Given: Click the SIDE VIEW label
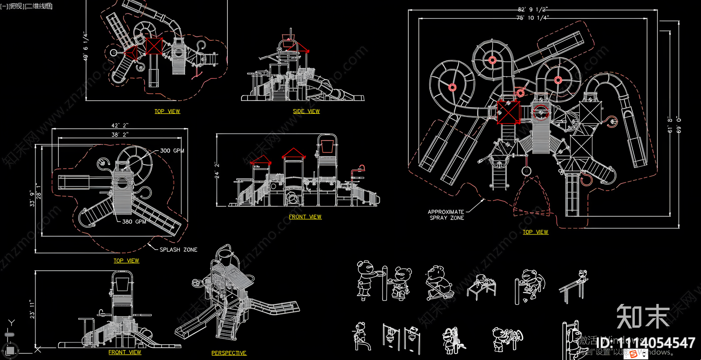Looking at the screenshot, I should tap(306, 111).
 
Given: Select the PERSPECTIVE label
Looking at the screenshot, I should tap(229, 353).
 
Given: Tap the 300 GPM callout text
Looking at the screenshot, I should tap(172, 151).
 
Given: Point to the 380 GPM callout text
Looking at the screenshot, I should tap(134, 222).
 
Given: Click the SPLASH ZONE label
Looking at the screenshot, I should tap(178, 250).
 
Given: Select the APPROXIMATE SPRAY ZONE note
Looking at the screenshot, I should tap(446, 215).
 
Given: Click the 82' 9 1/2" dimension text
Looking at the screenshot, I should tap(532, 9).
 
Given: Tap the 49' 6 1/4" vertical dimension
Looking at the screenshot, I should tap(85, 46).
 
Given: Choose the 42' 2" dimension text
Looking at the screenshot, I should tap(120, 126).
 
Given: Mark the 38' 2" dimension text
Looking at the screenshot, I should tap(120, 134).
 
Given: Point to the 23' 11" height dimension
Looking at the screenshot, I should tap(32, 309).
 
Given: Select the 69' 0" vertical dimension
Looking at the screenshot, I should tap(679, 125).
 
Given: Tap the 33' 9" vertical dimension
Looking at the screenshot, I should tap(32, 198).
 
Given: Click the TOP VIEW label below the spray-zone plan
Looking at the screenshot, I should tap(535, 232).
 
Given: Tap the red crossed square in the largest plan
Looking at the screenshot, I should tap(508, 112).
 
